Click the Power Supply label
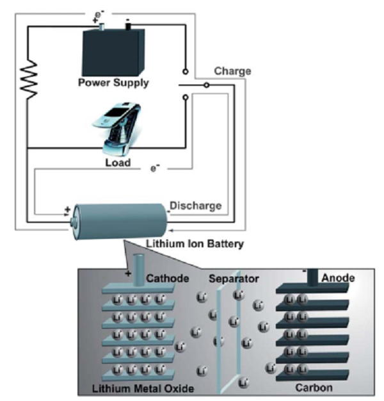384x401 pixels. click(113, 83)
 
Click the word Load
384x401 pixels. click(117, 163)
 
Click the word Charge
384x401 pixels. click(232, 71)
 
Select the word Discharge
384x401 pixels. click(196, 206)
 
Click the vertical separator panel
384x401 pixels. click(228, 339)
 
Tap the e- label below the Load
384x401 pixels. click(154, 168)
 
